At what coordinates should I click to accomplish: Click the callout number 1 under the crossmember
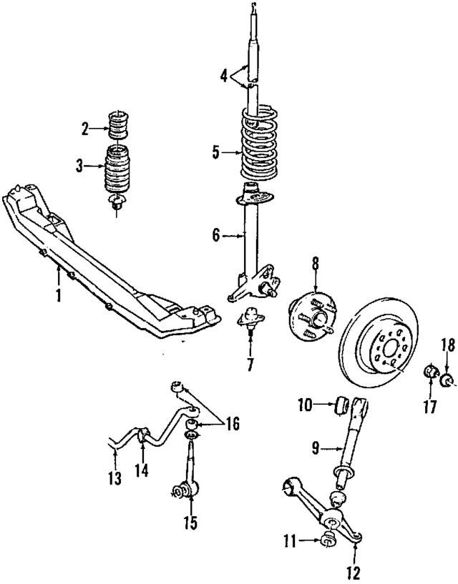pyautogui.click(x=59, y=294)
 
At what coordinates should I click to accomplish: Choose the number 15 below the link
pyautogui.click(x=190, y=523)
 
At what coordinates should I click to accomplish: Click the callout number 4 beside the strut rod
pyautogui.click(x=224, y=74)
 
